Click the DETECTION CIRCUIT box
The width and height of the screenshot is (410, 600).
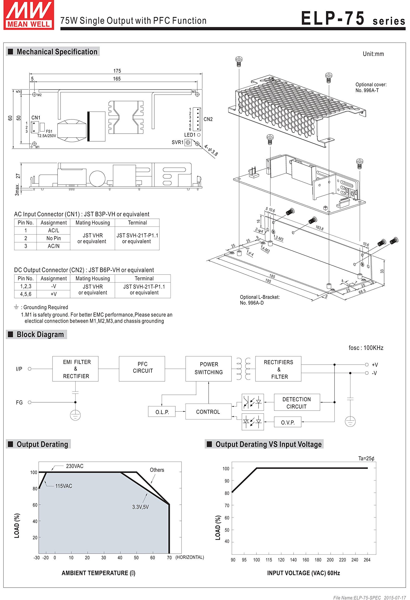click(x=296, y=402)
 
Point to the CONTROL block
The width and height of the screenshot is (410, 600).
click(x=208, y=412)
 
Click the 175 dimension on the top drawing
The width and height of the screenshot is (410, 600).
click(x=117, y=71)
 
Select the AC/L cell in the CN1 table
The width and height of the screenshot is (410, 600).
click(x=53, y=231)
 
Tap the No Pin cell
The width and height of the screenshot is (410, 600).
click(x=53, y=238)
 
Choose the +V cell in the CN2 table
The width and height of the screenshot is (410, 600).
click(x=54, y=294)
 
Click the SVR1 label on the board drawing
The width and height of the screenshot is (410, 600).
click(x=178, y=142)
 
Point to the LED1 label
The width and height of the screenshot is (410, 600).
click(x=190, y=135)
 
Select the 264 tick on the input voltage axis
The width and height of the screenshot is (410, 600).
click(x=367, y=560)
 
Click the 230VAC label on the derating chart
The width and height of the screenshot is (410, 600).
click(x=75, y=466)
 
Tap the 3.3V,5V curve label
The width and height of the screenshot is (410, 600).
click(x=140, y=507)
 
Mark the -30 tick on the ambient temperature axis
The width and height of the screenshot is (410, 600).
click(x=37, y=558)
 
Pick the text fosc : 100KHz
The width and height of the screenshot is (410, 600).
click(x=366, y=348)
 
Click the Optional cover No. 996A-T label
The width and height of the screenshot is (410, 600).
click(x=371, y=87)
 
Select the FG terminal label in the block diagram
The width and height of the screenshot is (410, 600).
click(x=19, y=402)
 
